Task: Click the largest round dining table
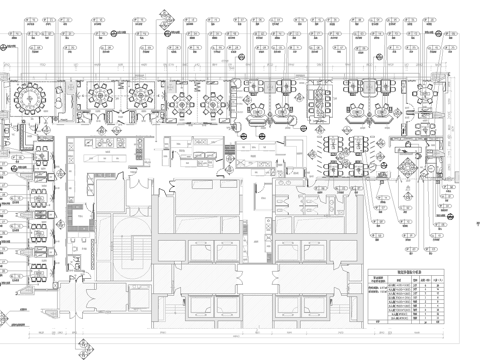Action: pyautogui.click(x=31, y=99)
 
